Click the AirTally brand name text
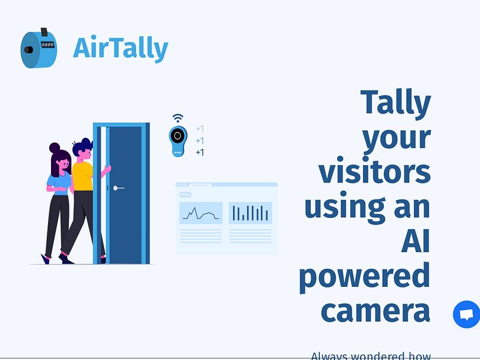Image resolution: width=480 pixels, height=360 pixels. tap(120, 48)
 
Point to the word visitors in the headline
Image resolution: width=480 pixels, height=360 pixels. tap(374, 172)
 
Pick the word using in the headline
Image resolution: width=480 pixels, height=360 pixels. tap(337, 207)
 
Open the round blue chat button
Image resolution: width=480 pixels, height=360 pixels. tap(466, 314)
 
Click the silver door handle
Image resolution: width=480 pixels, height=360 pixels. tap(118, 188)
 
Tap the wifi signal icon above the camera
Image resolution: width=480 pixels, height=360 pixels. tap(178, 118)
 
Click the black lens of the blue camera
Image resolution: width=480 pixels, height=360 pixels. tap(177, 136)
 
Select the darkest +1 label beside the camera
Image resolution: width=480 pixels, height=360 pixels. tap(200, 152)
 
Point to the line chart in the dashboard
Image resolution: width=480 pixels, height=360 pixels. tap(200, 213)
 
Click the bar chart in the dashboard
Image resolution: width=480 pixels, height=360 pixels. tap(250, 213)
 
